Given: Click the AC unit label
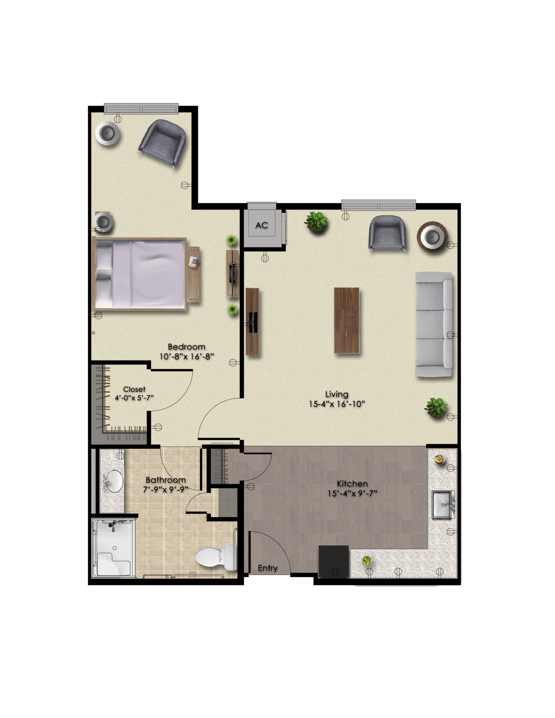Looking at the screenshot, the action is point(262,225).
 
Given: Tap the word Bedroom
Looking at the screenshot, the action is point(187,347).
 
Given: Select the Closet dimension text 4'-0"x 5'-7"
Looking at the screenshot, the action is point(134,398).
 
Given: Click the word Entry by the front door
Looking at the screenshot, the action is point(268,568).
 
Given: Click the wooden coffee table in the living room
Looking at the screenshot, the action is point(346,320).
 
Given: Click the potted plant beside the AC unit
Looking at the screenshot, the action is point(316,221).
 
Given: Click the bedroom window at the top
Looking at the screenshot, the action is point(141,108).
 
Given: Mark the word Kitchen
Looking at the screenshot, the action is point(352,484).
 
